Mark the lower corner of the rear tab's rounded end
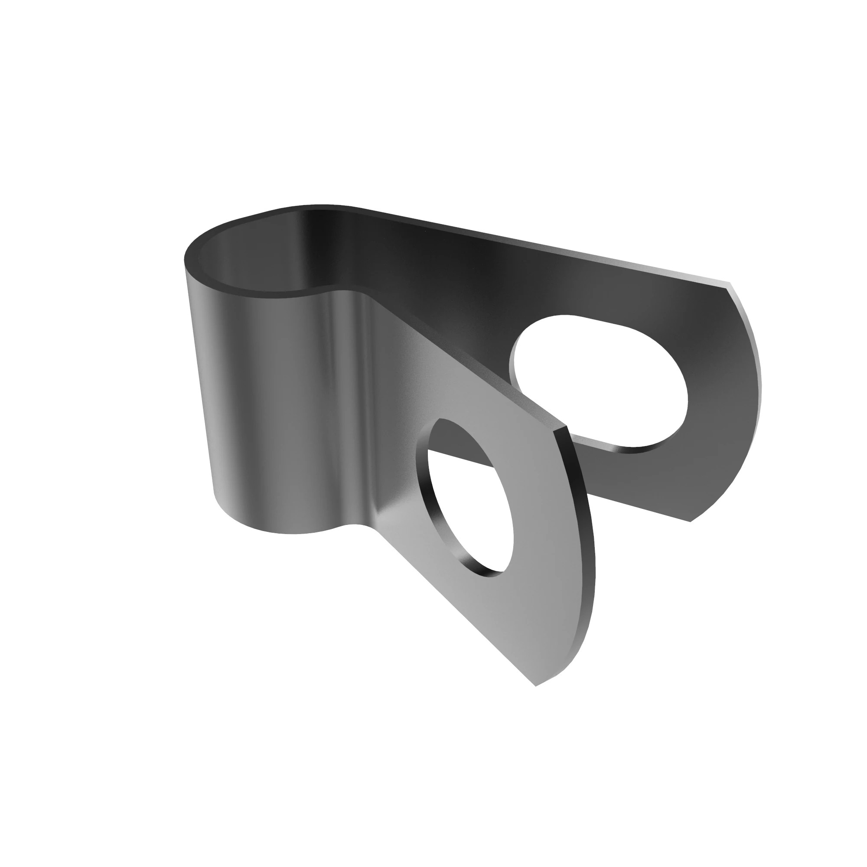pyautogui.click(x=691, y=521)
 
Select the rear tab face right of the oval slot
pyautogui.click(x=718, y=404)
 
